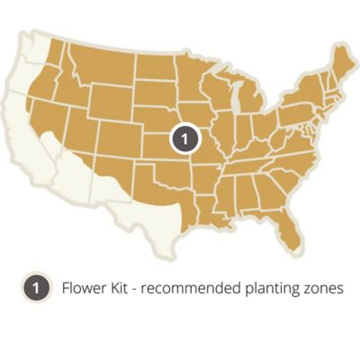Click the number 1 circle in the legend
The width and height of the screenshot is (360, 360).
point(33,290)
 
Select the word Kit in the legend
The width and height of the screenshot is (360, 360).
point(121,290)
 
